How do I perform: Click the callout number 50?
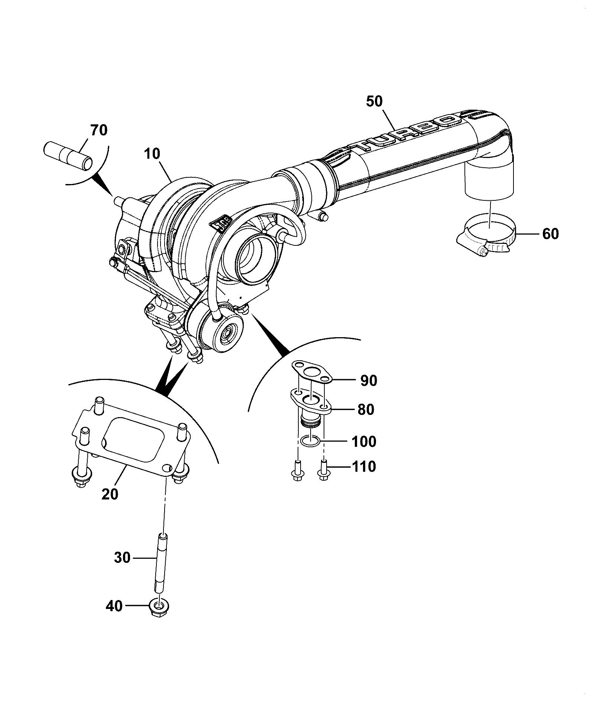coord(374,101)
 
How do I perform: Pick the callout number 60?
coord(550,234)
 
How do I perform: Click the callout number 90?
coord(368,381)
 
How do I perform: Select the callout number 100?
coord(363,441)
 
